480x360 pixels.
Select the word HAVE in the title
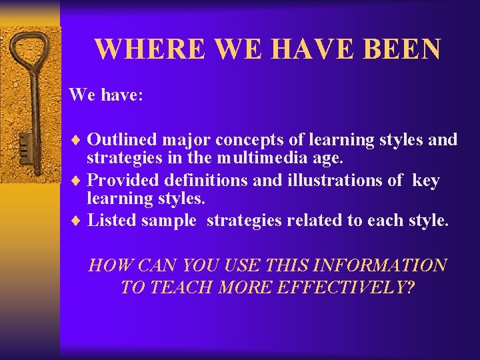310,50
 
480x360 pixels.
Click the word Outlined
122,140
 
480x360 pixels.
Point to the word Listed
112,221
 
